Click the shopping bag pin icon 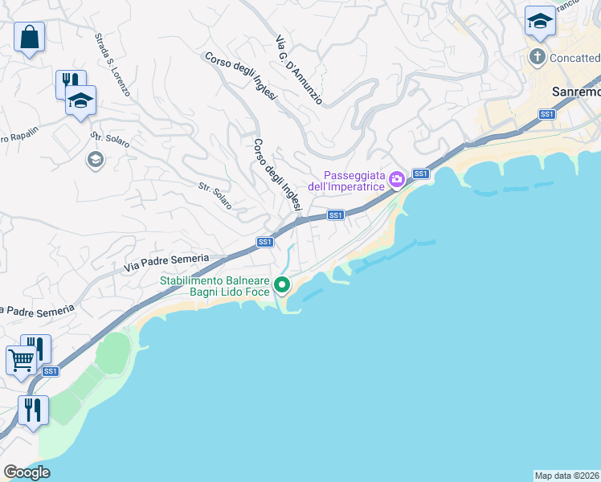point(29,38)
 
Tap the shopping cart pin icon point(21,361)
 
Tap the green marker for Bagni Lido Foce point(281,284)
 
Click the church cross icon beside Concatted point(538,57)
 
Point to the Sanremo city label point(576,92)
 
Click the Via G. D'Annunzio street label point(298,70)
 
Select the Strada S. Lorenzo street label point(112,65)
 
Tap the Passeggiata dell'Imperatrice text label point(354,182)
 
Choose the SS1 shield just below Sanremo point(547,114)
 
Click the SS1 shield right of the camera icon point(420,174)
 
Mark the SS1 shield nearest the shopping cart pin point(50,371)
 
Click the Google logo point(27,472)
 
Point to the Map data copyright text point(566,475)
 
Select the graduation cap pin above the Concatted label point(540,21)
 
